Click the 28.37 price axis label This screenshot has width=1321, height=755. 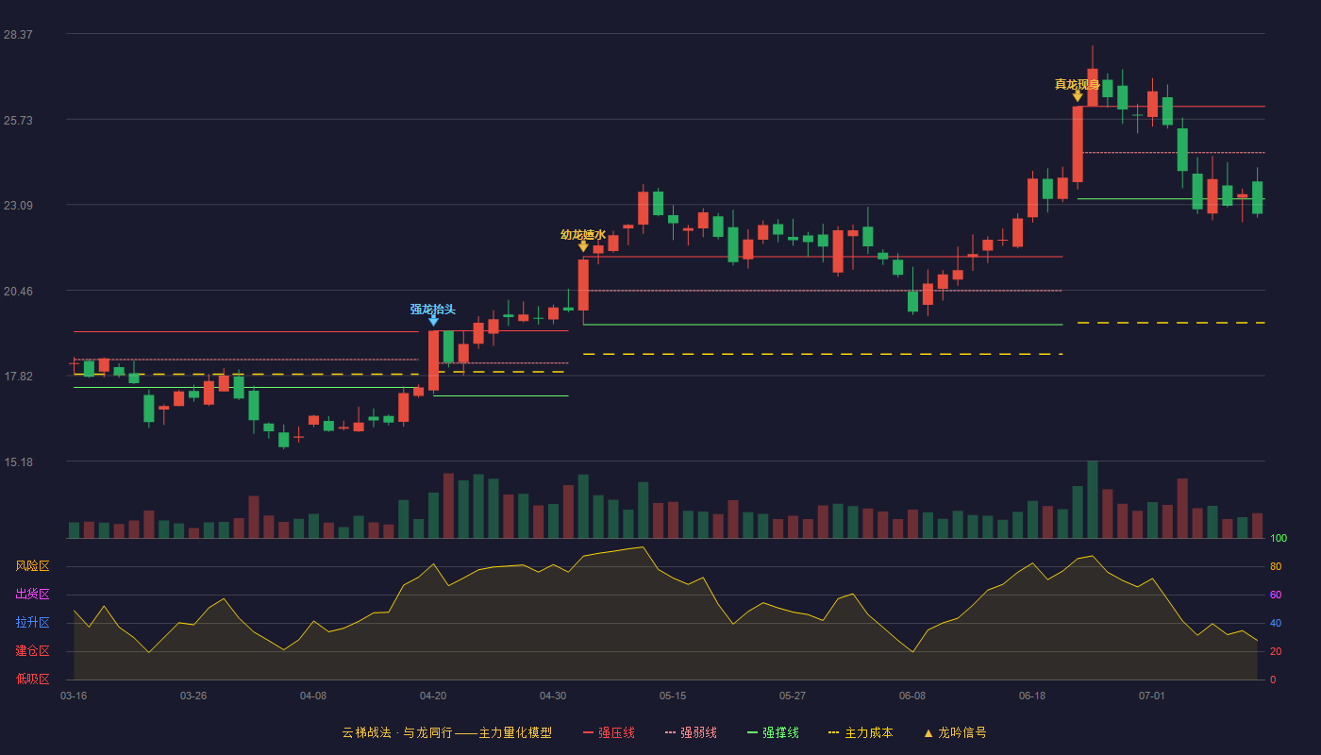coord(18,35)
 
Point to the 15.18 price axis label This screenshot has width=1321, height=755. coord(18,462)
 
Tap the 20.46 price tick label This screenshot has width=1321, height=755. coord(18,292)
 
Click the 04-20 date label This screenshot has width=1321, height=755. coord(433,696)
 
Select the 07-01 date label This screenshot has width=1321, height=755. coord(1152,696)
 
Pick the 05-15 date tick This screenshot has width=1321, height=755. coord(673,696)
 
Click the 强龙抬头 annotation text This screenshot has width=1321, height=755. coord(433,310)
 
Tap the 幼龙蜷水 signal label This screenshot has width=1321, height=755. coord(583,235)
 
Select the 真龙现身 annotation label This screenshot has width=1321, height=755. coord(1078,84)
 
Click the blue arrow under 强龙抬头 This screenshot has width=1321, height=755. coord(433,320)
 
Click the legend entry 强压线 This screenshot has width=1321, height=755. coord(609,732)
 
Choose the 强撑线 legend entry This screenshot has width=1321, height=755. coord(773,732)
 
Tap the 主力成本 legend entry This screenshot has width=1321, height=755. coord(861,732)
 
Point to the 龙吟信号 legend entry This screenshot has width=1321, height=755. coord(955,732)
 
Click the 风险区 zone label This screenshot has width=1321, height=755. coord(32,566)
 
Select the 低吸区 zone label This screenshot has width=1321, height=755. coord(32,679)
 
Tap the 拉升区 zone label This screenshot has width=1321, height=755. coord(32,623)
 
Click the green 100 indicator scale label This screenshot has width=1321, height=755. coord(1279,538)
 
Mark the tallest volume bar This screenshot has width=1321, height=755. coord(1093,499)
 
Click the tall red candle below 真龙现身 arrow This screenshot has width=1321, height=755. coord(1078,144)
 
